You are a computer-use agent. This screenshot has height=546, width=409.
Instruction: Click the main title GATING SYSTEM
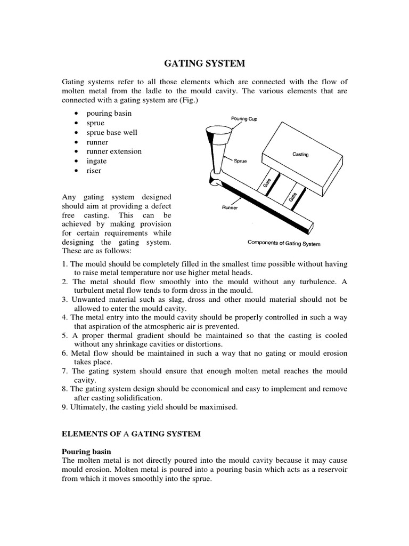(204, 63)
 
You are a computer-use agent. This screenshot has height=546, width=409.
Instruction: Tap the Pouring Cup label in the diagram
(244, 119)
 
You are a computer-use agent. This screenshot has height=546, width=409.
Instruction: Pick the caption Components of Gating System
(284, 243)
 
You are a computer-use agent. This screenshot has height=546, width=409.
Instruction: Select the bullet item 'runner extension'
(114, 151)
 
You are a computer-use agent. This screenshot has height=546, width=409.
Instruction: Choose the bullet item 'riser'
(94, 171)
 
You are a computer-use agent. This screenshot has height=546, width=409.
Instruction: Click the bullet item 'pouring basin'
(109, 113)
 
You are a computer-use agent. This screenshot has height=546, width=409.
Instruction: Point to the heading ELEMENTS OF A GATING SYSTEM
(132, 434)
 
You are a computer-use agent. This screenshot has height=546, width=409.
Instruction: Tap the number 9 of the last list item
(64, 407)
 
